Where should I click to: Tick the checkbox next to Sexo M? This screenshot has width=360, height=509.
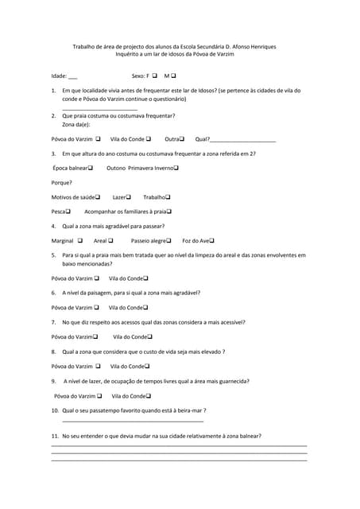tap(173, 76)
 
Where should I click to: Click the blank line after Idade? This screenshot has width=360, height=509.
tap(73, 78)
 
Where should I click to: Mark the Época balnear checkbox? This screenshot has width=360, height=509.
tap(91, 168)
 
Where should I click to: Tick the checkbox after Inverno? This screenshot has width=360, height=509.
tap(176, 168)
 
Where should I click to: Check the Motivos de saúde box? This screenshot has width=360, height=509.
tap(98, 196)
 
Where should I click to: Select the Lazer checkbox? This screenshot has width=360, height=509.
tap(129, 196)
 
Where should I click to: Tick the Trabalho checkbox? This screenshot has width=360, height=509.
tap(168, 196)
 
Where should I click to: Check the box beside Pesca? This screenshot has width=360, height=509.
tap(68, 212)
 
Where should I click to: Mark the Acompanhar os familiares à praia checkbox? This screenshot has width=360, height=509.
tap(169, 212)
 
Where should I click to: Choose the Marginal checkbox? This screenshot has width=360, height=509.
tap(80, 240)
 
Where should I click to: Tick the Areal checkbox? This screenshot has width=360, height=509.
tap(110, 240)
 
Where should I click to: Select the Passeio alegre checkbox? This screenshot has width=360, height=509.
tap(170, 240)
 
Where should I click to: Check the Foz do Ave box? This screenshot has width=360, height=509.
tap(212, 240)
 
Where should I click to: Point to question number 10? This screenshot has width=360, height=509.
tap(55, 410)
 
